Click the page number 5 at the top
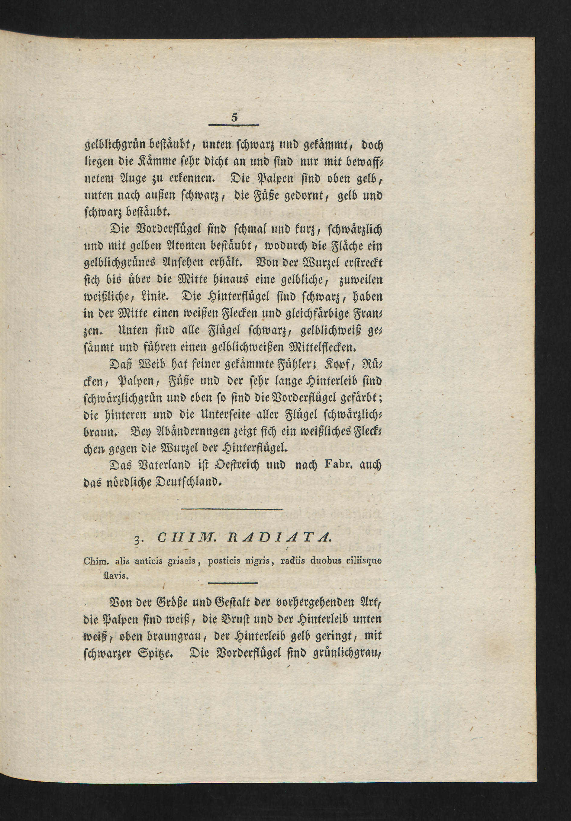tap(234, 118)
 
